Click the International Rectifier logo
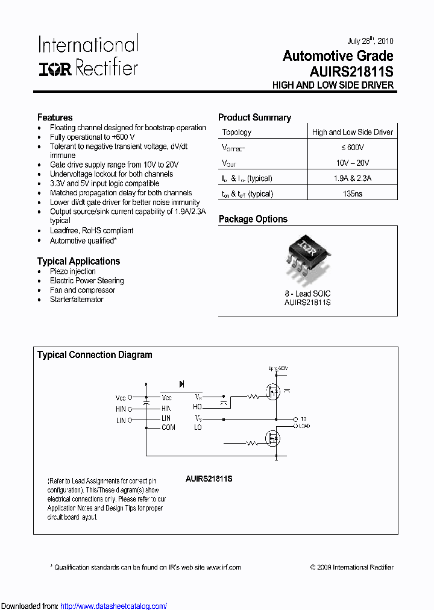pyautogui.click(x=89, y=55)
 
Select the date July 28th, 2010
pyautogui.click(x=370, y=41)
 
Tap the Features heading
pyautogui.click(x=55, y=118)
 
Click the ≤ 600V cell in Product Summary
pyautogui.click(x=352, y=148)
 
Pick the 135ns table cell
pyautogui.click(x=352, y=194)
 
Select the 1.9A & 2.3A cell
pyautogui.click(x=352, y=178)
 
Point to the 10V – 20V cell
pyautogui.click(x=352, y=163)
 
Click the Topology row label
pyautogui.click(x=237, y=133)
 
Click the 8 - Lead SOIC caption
pyautogui.click(x=307, y=294)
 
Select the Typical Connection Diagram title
pyautogui.click(x=95, y=355)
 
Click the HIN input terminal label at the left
pyautogui.click(x=121, y=409)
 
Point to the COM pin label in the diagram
pyautogui.click(x=168, y=427)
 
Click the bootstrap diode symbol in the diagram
pyautogui.click(x=181, y=384)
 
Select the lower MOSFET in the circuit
pyautogui.click(x=274, y=438)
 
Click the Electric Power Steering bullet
pyautogui.click(x=87, y=281)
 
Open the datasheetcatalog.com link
pyautogui.click(x=114, y=606)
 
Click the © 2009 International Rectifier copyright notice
pyautogui.click(x=351, y=567)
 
